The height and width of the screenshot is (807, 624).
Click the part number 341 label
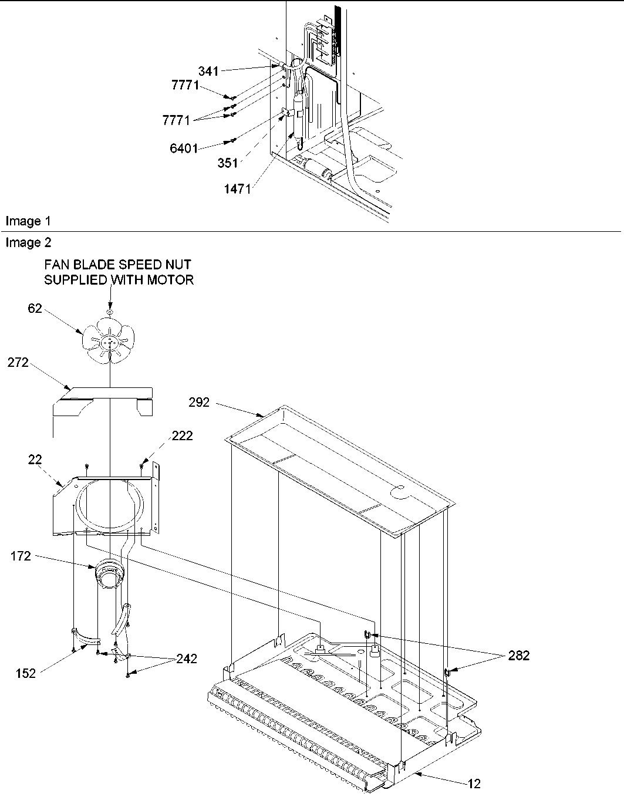coord(208,71)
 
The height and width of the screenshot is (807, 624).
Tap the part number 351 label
coord(228,163)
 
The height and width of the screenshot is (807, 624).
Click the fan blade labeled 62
coord(109,340)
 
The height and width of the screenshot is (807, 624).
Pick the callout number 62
coord(35,308)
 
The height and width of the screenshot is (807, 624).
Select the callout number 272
coord(18,363)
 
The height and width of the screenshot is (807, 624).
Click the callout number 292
coord(200,403)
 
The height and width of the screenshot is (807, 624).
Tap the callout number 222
coord(182,435)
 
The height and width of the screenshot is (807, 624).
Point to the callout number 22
coord(35,460)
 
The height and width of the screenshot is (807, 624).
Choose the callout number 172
coord(21,556)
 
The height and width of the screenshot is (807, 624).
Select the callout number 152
coord(26,673)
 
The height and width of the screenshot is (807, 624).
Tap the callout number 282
coord(518,656)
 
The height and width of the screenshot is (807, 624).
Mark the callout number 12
coord(474,784)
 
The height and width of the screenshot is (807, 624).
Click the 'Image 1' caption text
coord(28,221)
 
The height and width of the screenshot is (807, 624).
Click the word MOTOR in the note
coord(173,280)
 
